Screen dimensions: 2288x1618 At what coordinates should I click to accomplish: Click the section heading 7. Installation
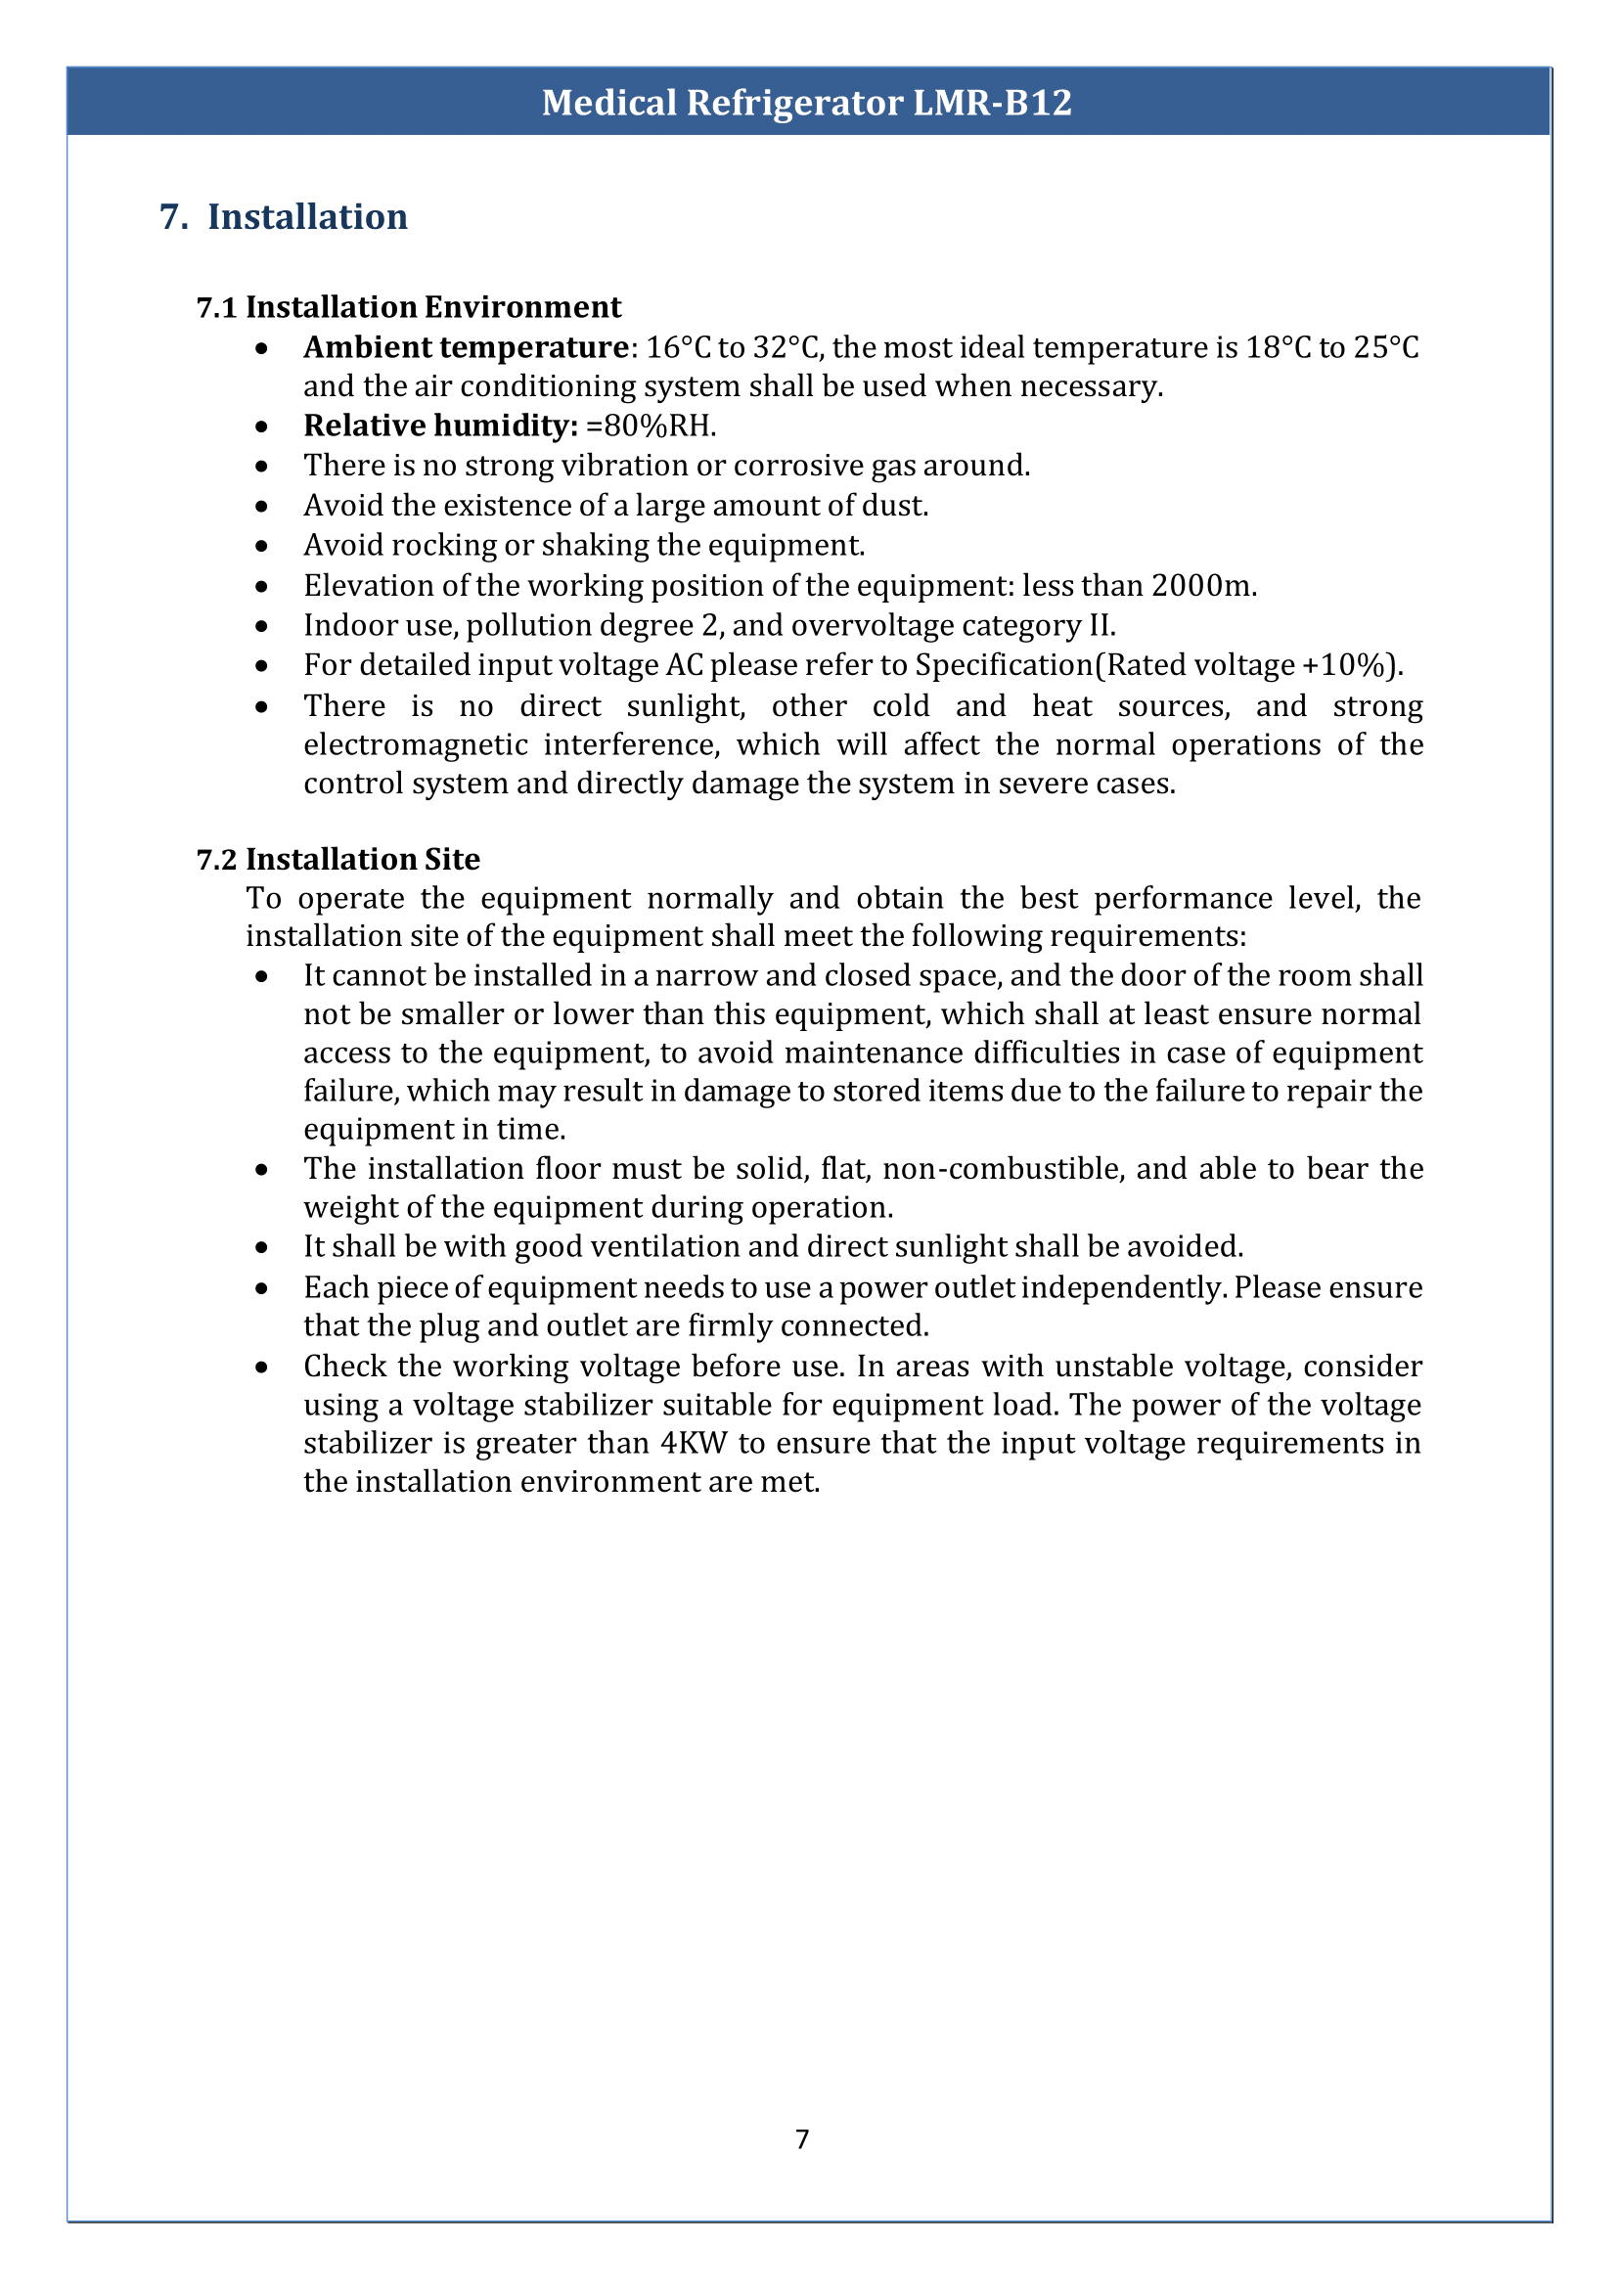(284, 217)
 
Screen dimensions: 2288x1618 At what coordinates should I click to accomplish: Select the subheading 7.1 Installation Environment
(409, 307)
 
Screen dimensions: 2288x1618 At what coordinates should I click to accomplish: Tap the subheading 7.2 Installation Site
(337, 859)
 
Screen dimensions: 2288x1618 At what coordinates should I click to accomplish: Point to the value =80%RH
(651, 426)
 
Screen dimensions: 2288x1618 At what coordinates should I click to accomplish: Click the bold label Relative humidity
(440, 426)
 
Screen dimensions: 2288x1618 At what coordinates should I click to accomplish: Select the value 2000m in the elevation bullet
(1202, 586)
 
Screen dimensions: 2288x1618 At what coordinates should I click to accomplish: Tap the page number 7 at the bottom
(802, 2139)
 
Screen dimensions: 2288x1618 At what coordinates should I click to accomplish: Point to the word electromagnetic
(416, 744)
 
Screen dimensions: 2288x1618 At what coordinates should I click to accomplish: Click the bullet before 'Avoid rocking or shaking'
(261, 546)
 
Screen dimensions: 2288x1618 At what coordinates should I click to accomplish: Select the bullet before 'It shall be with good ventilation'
(261, 1247)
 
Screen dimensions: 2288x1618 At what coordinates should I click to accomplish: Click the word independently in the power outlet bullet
(1123, 1287)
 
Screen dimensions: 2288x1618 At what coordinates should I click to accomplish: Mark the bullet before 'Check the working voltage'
(261, 1368)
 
